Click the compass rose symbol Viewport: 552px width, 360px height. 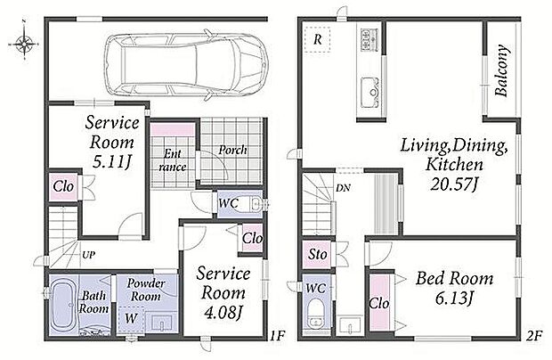(24, 45)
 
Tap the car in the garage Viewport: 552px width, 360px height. (187, 64)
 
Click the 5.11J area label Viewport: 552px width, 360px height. (112, 161)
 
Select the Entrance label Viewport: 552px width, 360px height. (173, 160)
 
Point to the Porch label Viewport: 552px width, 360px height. (232, 150)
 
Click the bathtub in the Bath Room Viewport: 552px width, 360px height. (64, 306)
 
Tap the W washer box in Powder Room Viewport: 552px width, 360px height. (131, 320)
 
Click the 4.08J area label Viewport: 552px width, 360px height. (223, 313)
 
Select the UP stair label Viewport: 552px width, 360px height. (88, 254)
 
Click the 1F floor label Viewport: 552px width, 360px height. (277, 336)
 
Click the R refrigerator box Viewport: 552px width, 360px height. (317, 39)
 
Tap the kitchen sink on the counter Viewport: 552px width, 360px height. (369, 93)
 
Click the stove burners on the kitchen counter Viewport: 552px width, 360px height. (369, 39)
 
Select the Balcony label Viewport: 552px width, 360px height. (501, 70)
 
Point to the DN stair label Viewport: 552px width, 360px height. (343, 188)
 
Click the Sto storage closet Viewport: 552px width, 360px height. (317, 254)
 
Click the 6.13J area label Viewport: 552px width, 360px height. (453, 299)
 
